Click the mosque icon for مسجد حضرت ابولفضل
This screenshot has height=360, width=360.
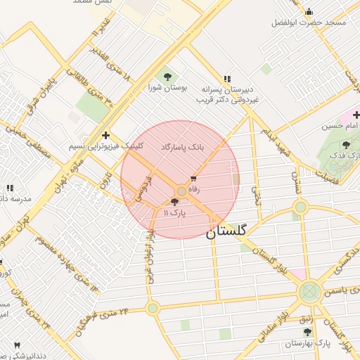click(309, 11)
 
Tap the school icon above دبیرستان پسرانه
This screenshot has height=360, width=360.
click(226, 79)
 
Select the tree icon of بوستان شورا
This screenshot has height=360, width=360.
click(167, 76)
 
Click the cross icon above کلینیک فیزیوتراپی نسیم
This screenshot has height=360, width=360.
click(105, 135)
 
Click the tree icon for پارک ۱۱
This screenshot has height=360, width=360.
click(174, 201)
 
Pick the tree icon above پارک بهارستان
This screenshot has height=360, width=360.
click(307, 331)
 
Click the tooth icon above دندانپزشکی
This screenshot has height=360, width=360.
click(17, 345)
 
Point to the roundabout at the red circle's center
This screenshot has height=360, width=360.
click(181, 191)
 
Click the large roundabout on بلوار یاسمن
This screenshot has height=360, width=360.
click(309, 292)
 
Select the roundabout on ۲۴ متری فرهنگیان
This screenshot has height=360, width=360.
click(153, 307)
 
